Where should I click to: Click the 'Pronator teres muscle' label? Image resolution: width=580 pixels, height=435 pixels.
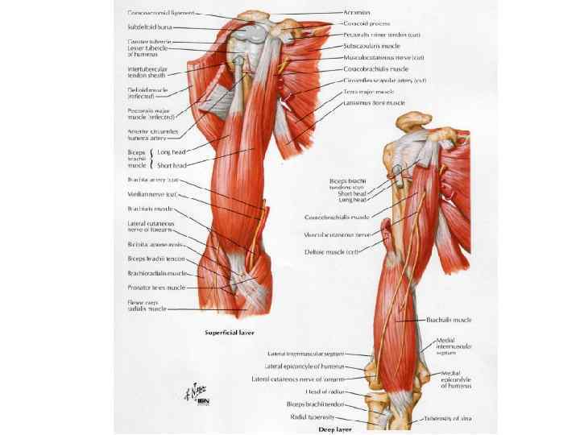[156, 287]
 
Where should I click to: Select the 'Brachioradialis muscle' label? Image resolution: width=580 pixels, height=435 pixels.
[158, 273]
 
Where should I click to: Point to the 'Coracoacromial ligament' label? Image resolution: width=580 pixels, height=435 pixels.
[165, 14]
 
